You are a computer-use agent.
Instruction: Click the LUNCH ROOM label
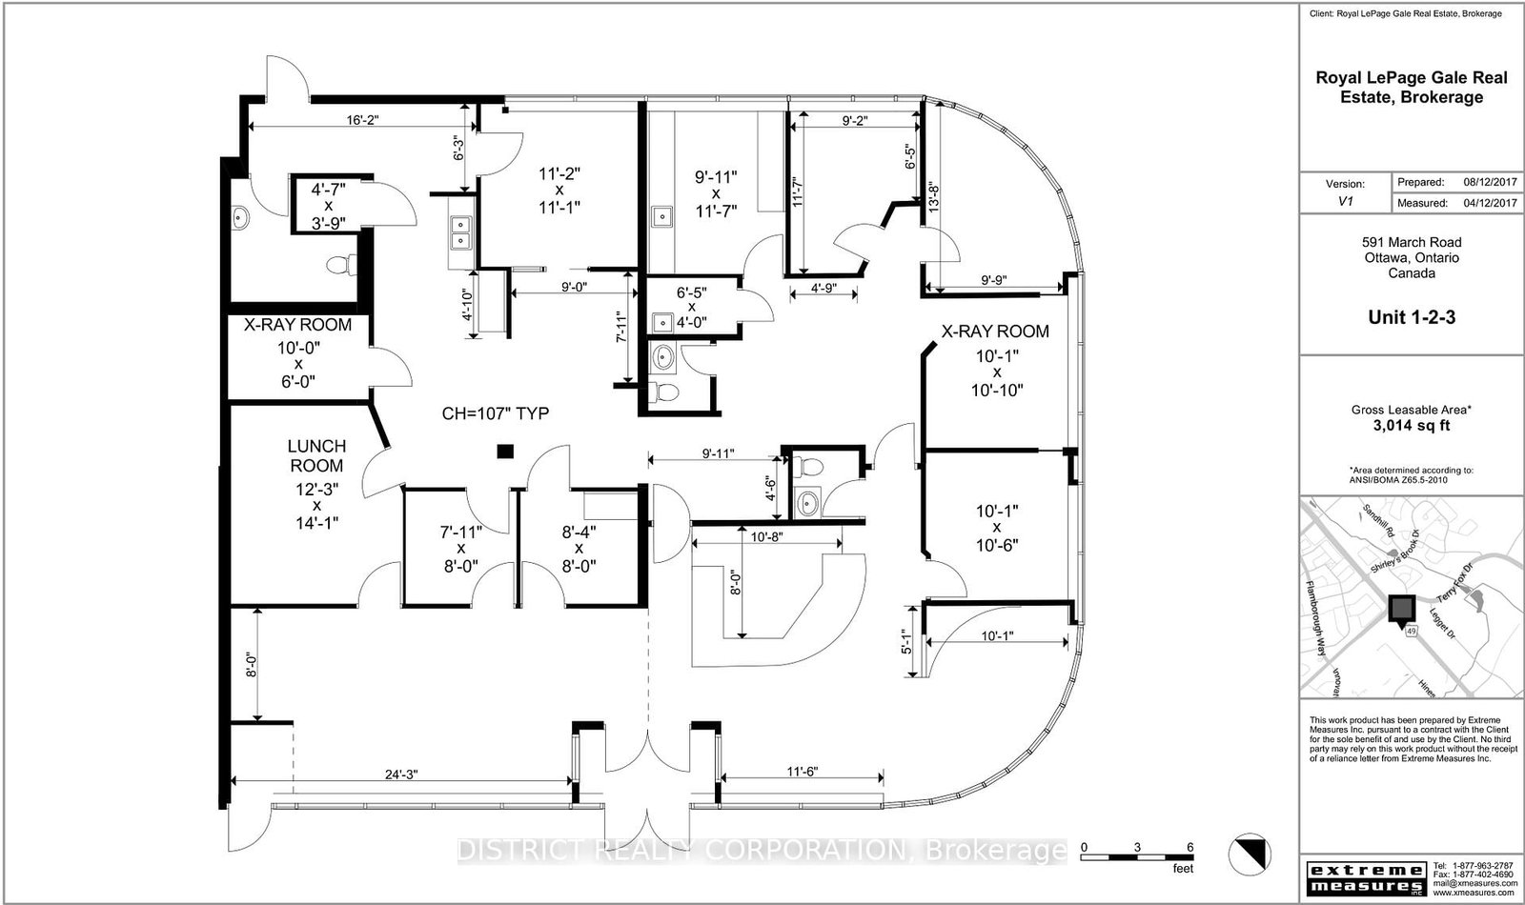coord(316,455)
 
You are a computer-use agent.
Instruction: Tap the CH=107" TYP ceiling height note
coord(496,413)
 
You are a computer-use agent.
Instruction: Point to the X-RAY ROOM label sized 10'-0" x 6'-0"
coord(297,325)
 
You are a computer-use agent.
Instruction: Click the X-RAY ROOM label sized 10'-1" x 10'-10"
coord(995,332)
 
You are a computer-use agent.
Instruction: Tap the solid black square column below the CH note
coord(506,452)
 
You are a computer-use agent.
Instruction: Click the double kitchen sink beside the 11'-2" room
coord(460,231)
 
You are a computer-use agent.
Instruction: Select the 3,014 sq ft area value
coord(1411,426)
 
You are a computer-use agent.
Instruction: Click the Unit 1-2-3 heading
coord(1411,317)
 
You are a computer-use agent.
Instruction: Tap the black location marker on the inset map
coord(1400,609)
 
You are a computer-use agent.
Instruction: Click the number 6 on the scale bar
coord(1189,847)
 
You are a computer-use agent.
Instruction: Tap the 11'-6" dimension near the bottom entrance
coord(801,770)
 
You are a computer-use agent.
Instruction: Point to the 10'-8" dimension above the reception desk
coord(766,538)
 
